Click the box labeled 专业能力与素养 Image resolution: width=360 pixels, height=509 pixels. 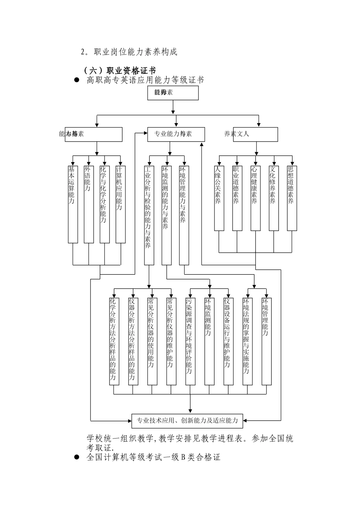[x=176, y=134]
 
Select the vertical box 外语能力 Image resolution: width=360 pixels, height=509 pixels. [x=89, y=204]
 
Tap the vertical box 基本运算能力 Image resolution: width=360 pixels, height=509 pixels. [x=73, y=204]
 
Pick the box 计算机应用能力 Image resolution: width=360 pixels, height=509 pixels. [x=121, y=204]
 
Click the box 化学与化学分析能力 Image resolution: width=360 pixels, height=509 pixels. [x=105, y=204]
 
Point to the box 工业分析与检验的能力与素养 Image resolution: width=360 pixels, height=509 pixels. [x=149, y=215]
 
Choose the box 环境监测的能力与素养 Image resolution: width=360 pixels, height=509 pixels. [x=166, y=215]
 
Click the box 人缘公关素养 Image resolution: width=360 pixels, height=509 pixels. [x=219, y=198]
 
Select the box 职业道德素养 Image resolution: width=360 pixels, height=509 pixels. [x=237, y=198]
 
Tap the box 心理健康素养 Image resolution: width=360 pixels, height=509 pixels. [x=255, y=198]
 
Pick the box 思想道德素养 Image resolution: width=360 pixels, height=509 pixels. [x=292, y=198]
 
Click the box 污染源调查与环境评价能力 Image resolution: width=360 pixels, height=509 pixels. [x=191, y=341]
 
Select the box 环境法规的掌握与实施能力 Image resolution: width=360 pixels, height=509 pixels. [x=247, y=341]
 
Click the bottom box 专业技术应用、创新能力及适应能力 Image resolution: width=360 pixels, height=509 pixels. [x=187, y=420]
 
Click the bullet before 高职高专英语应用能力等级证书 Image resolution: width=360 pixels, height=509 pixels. [x=77, y=80]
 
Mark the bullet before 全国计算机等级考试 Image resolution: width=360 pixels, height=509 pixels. [x=77, y=457]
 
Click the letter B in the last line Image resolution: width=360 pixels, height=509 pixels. [x=183, y=457]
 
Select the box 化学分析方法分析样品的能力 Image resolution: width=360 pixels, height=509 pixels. [x=114, y=341]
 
